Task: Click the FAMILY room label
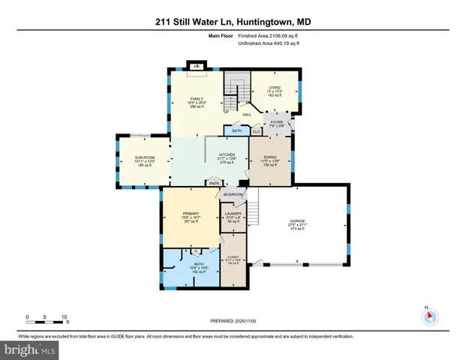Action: [197, 98]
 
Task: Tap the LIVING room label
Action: [274, 88]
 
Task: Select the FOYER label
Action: [276, 121]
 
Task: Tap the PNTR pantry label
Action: [215, 181]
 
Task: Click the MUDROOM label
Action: [233, 194]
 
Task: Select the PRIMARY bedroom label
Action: [190, 214]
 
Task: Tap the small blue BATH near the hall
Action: [236, 131]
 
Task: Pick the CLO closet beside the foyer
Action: [256, 131]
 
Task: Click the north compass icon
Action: [429, 316]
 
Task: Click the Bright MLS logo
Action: [29, 349]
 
